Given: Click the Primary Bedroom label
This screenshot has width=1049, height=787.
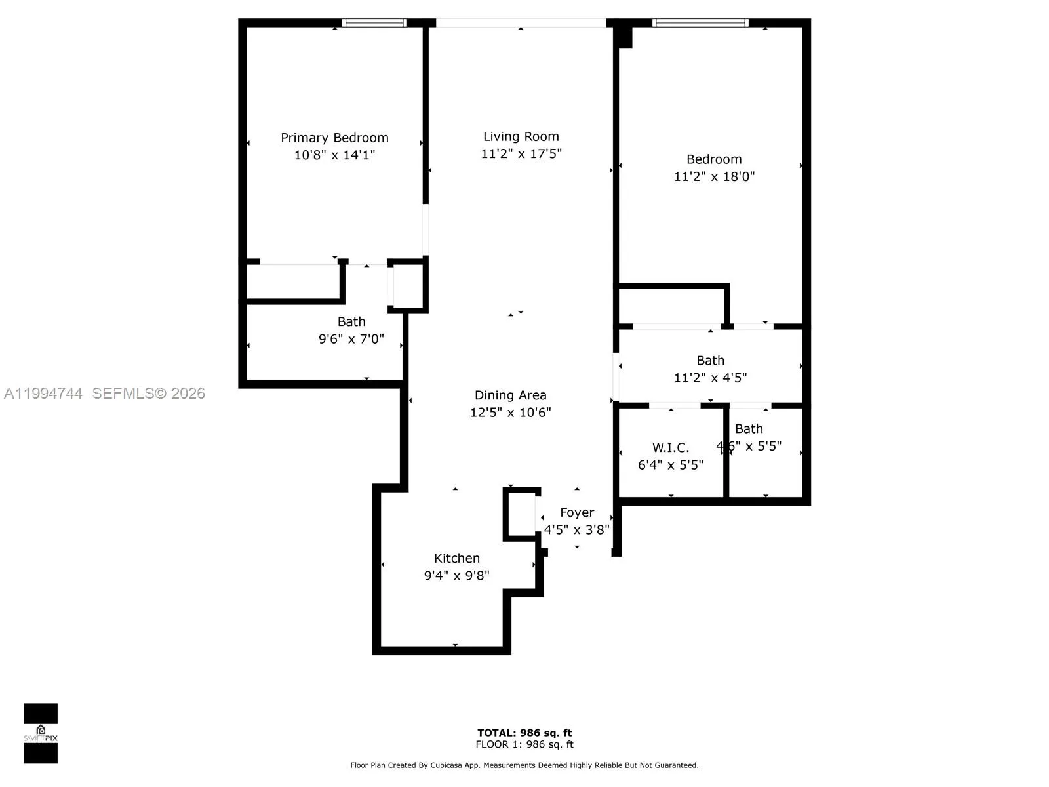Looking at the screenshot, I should (334, 138).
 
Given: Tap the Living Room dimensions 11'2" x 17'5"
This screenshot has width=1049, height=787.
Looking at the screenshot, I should (521, 154).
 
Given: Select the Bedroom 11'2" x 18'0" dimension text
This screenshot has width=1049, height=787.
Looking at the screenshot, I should (714, 176).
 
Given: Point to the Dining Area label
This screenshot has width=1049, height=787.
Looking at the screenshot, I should (510, 395).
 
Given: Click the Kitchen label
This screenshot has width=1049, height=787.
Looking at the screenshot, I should (456, 558).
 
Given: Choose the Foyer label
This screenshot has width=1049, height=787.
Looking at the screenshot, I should (577, 512).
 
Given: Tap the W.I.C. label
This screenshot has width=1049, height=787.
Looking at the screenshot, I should (670, 447).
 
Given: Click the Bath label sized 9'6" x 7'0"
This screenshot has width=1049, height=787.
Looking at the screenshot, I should (351, 321).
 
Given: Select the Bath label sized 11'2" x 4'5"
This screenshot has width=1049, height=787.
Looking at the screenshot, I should (710, 360).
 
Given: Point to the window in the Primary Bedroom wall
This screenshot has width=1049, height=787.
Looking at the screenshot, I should (374, 23).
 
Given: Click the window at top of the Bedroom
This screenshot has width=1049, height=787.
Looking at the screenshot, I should (700, 23).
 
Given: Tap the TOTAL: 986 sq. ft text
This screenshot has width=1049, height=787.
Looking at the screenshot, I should (524, 733).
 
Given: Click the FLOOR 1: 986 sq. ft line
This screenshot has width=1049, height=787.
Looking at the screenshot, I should (524, 744).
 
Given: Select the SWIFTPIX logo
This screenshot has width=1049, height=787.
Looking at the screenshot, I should (41, 733).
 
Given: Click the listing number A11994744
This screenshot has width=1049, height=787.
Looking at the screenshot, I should (43, 393).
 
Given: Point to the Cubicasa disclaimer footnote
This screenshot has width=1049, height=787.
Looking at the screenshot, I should (524, 765).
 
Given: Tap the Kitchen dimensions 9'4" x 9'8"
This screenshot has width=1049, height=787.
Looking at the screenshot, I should (456, 576).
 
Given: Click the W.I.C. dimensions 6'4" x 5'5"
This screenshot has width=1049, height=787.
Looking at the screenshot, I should (670, 465).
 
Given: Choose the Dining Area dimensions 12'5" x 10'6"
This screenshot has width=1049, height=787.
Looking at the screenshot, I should (510, 413).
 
